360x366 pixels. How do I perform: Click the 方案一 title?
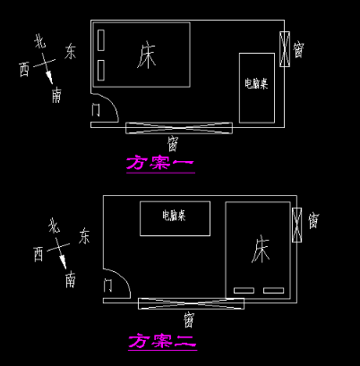pyautogui.click(x=160, y=163)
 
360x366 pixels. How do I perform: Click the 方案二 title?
pyautogui.click(x=163, y=341)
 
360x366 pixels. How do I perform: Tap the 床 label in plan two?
pyautogui.click(x=261, y=249)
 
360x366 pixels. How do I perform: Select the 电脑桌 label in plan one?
pyautogui.click(x=256, y=83)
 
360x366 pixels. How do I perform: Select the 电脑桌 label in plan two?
pyautogui.click(x=174, y=215)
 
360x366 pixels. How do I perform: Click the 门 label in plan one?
pyautogui.click(x=96, y=110)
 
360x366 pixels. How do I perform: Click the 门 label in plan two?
pyautogui.click(x=107, y=285)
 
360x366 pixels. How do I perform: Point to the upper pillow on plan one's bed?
pyautogui.click(x=101, y=40)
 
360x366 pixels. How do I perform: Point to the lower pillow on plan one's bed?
pyautogui.click(x=101, y=70)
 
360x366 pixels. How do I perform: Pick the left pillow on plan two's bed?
pyautogui.click(x=244, y=290)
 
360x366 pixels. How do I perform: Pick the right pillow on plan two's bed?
pyautogui.click(x=273, y=290)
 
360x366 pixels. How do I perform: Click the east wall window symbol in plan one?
pyautogui.click(x=285, y=49)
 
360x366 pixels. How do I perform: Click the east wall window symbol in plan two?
pyautogui.click(x=296, y=225)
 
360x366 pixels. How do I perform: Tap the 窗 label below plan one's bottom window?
pyautogui.click(x=173, y=143)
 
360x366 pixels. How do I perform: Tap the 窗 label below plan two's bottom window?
pyautogui.click(x=189, y=319)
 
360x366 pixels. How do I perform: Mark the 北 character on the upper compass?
pyautogui.click(x=40, y=41)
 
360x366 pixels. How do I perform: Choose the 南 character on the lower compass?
pyautogui.click(x=70, y=279)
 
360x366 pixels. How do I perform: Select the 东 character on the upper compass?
pyautogui.click(x=70, y=51)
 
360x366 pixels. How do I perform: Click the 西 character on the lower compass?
pyautogui.click(x=39, y=254)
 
